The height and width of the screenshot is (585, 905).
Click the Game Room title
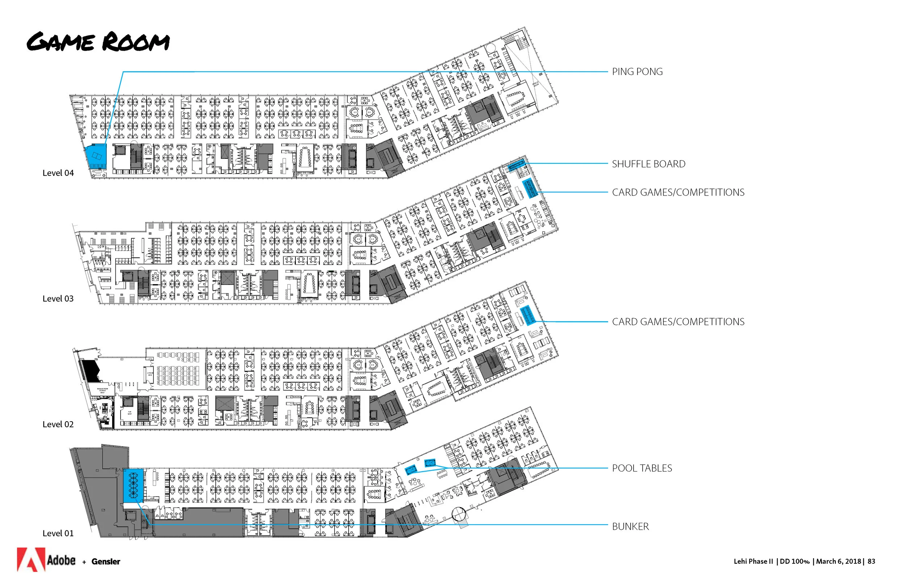pos(98,42)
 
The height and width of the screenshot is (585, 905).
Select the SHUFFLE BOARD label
pos(648,164)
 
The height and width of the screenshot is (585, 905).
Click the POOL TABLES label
pos(642,468)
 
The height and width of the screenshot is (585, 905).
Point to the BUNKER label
pos(630,526)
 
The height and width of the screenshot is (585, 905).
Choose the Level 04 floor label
pos(58,173)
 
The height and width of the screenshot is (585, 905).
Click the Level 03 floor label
pos(58,299)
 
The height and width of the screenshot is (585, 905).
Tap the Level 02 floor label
pos(58,424)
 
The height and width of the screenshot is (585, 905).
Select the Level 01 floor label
pos(58,533)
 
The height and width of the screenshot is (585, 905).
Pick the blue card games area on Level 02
pos(528,315)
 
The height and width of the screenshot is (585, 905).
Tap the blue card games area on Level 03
pos(530,188)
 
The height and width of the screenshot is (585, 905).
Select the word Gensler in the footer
pos(106,561)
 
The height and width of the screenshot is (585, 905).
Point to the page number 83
pos(871,561)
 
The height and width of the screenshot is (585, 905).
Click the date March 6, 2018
pos(838,561)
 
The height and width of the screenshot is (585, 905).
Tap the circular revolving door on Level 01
pos(459,514)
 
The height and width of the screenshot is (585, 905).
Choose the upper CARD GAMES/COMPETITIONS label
pos(678,193)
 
